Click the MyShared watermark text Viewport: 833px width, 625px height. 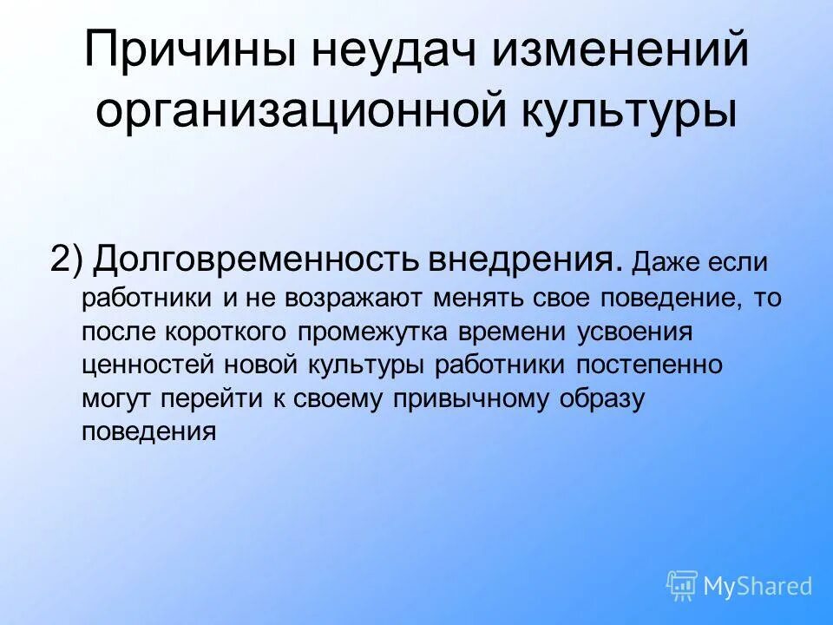tap(757, 587)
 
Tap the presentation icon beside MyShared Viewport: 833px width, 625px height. tap(682, 586)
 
